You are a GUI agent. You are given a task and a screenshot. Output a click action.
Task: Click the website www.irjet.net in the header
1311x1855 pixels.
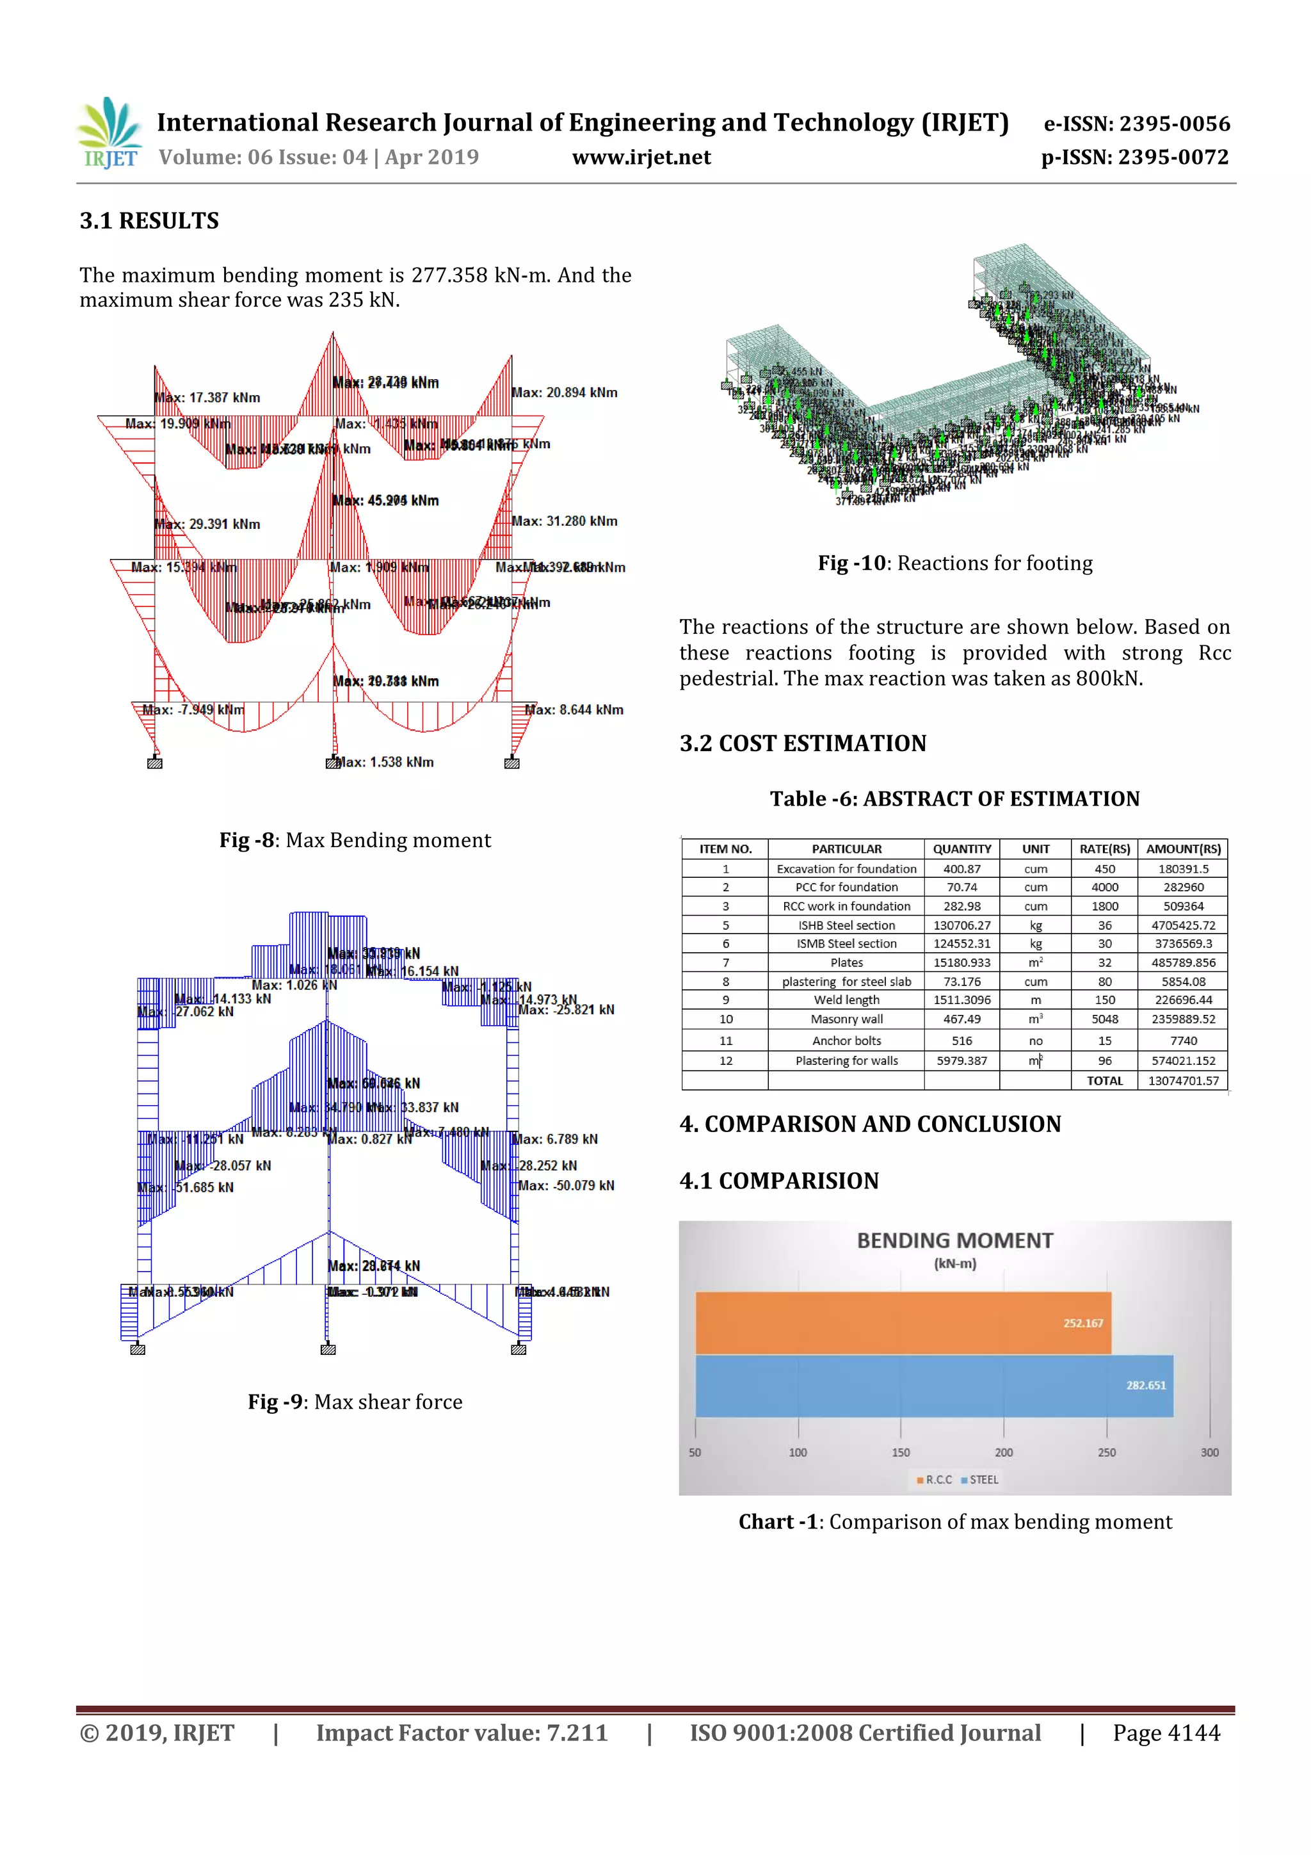(x=641, y=158)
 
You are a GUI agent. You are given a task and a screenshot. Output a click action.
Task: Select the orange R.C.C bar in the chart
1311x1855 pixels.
(x=902, y=1323)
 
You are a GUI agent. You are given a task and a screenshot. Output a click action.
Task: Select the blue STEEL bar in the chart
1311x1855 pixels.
(x=933, y=1386)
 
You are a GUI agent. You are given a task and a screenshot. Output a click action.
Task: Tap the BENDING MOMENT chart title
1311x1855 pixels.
(x=955, y=1241)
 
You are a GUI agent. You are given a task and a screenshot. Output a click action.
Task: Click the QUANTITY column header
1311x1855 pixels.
(x=962, y=849)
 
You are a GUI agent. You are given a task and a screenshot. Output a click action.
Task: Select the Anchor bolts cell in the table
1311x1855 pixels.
(x=846, y=1041)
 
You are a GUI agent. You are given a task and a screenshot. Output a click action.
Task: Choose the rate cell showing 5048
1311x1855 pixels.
(x=1104, y=1019)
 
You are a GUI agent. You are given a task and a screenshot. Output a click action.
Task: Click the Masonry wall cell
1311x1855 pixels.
(x=846, y=1019)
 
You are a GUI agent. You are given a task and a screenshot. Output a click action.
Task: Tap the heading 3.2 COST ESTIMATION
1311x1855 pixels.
(x=803, y=743)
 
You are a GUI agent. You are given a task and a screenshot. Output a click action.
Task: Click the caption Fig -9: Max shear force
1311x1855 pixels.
(x=355, y=1402)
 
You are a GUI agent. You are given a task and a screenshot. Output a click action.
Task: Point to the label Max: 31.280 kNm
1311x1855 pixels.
(x=565, y=522)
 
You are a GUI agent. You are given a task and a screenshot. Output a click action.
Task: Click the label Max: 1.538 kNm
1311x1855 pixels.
(x=385, y=763)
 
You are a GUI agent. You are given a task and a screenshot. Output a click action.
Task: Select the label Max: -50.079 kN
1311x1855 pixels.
(x=567, y=1186)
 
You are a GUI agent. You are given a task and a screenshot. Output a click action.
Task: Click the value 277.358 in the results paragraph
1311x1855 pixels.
(x=448, y=275)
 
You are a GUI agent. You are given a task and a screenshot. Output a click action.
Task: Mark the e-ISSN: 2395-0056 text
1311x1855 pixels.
(x=1136, y=124)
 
